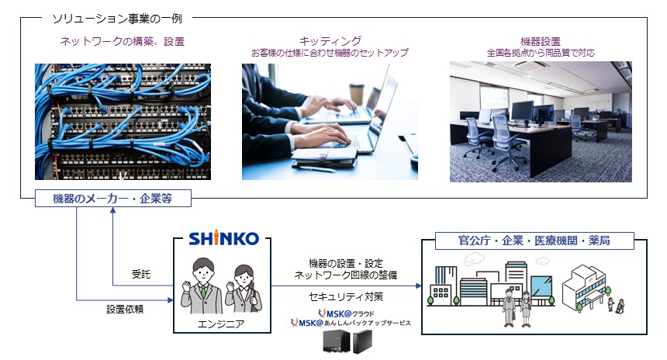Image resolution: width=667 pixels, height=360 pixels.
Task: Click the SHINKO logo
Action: pyautogui.click(x=223, y=238)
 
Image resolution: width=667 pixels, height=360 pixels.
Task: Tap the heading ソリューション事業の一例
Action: pyautogui.click(x=117, y=19)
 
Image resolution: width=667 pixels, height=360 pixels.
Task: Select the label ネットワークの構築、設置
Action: pyautogui.click(x=123, y=41)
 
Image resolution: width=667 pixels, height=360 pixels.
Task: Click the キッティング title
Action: pyautogui.click(x=330, y=41)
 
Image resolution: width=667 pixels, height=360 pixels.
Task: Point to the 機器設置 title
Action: pyautogui.click(x=541, y=41)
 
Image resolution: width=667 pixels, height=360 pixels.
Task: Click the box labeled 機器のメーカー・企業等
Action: pyautogui.click(x=113, y=199)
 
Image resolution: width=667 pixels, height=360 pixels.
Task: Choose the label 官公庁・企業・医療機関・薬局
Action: pyautogui.click(x=534, y=241)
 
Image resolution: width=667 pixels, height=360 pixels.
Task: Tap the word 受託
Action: pyautogui.click(x=141, y=275)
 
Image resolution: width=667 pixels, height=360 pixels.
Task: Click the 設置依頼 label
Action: pyautogui.click(x=125, y=310)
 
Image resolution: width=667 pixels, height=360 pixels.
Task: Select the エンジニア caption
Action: pyautogui.click(x=221, y=324)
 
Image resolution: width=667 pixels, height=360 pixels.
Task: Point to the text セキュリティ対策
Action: pyautogui.click(x=346, y=296)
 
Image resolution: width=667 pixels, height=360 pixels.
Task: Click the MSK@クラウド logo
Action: pyautogui.click(x=346, y=313)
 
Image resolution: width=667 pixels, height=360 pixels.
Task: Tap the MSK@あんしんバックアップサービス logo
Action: pyautogui.click(x=351, y=323)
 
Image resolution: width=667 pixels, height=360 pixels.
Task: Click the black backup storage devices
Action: pyautogui.click(x=347, y=341)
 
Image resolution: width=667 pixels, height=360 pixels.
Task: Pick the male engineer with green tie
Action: pyautogui.click(x=202, y=286)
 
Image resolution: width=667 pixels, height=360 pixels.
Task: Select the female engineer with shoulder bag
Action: pyautogui.click(x=243, y=289)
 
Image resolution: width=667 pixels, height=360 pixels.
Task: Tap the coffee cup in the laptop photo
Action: pyautogui.click(x=357, y=94)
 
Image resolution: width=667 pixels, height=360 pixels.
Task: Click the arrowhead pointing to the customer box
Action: pyautogui.click(x=419, y=286)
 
